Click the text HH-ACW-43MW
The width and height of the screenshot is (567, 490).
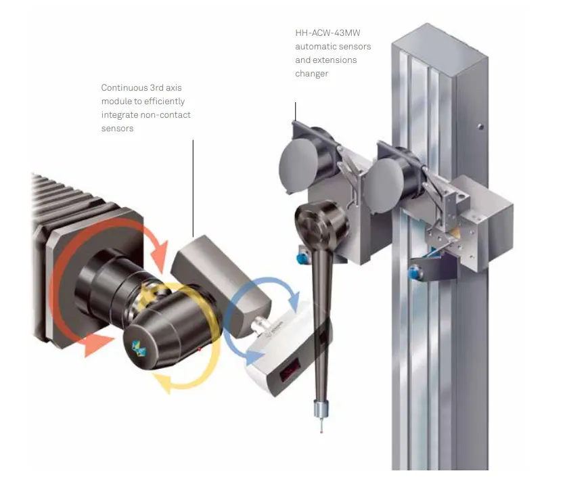[x=327, y=33]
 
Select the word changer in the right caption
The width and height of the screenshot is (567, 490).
[x=312, y=74]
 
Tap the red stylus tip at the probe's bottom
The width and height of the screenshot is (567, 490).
[x=321, y=431]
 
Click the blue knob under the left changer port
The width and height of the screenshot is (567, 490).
[x=301, y=259]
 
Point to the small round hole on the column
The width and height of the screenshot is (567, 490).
[x=480, y=127]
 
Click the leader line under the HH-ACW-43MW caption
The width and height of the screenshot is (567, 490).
[x=296, y=112]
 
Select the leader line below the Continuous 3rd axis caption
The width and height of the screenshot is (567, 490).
[x=193, y=188]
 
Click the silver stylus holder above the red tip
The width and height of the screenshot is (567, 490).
[x=321, y=409]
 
